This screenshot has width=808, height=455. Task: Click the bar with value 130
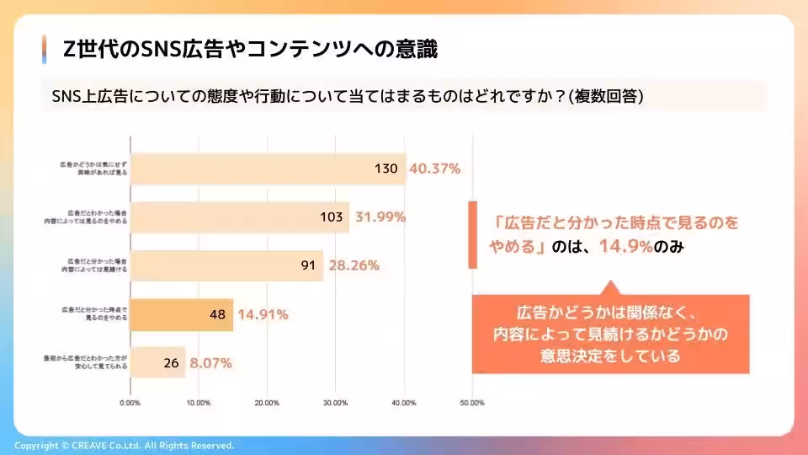268,169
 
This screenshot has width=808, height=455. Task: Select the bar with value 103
240,217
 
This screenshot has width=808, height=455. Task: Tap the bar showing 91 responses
227,266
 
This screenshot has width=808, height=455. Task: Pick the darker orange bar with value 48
182,314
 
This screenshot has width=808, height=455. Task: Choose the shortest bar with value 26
158,363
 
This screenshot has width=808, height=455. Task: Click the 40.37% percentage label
434,169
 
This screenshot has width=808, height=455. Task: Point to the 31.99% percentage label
380,217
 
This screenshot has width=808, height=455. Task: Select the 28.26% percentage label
353,266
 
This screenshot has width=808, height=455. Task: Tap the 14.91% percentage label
263,314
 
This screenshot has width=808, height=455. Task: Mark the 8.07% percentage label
210,363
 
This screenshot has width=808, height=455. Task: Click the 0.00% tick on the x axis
130,403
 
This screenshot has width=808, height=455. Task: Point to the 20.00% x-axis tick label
267,403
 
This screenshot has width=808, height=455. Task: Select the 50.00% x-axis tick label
472,403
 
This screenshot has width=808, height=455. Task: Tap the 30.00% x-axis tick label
335,403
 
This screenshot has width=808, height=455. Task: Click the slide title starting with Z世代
250,50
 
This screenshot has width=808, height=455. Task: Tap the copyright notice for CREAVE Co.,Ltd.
125,446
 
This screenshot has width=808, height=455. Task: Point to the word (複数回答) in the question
607,96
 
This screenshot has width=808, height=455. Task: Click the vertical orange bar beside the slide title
43,50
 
